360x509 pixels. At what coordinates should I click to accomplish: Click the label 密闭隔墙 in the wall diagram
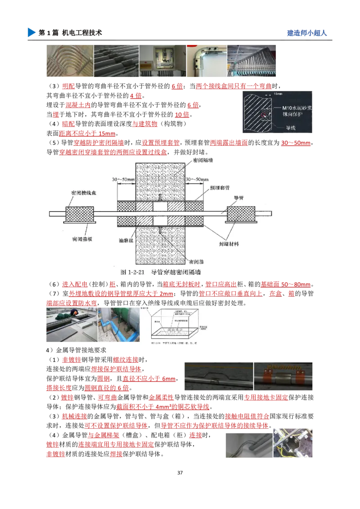(x=203, y=160)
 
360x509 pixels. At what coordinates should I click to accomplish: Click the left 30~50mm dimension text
(x=124, y=179)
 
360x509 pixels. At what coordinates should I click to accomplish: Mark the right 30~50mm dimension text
(x=197, y=179)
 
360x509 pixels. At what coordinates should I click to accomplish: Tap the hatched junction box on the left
(x=79, y=214)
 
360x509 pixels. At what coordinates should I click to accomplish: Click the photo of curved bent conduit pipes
(x=68, y=61)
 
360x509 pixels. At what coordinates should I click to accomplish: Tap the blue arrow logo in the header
(x=31, y=32)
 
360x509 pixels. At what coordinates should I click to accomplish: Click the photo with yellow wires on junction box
(x=292, y=444)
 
